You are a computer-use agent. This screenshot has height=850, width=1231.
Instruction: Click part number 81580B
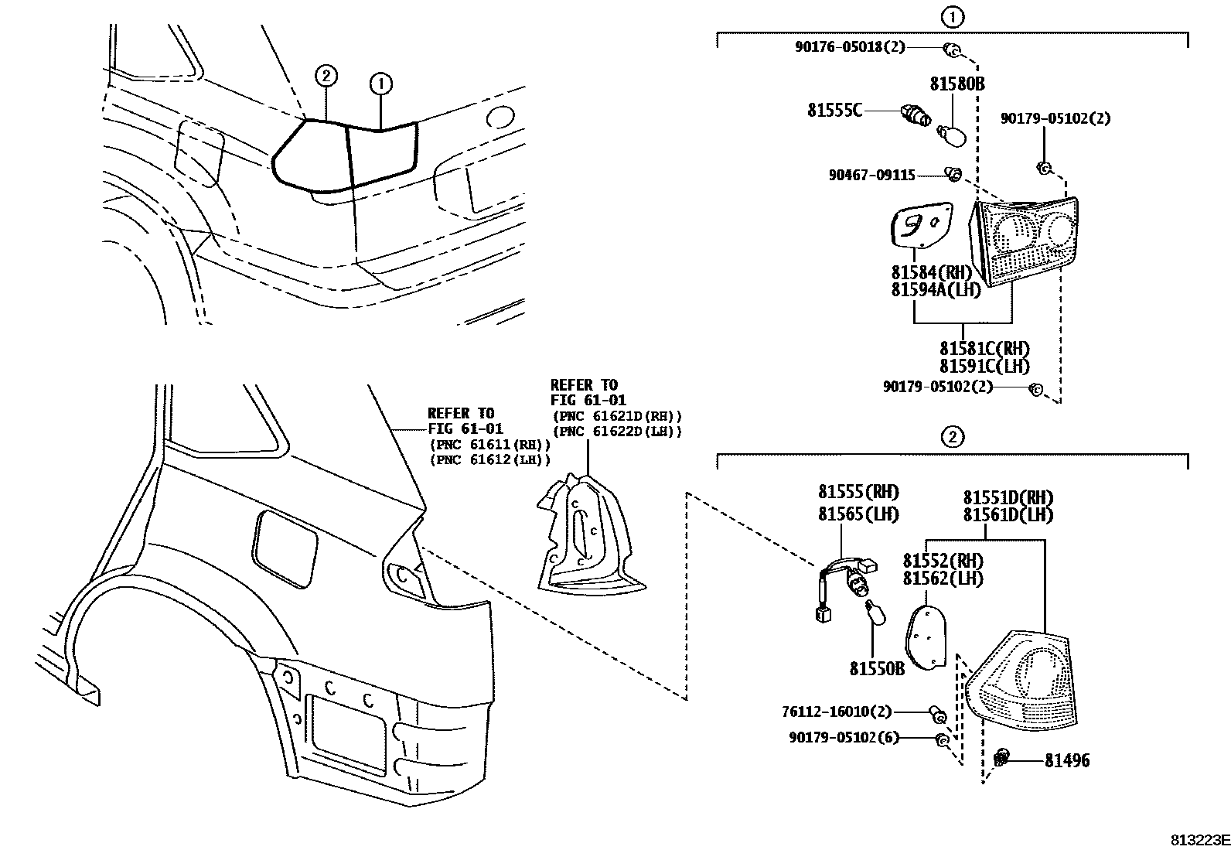click(x=956, y=84)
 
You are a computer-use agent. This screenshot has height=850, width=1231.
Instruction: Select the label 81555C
click(x=834, y=111)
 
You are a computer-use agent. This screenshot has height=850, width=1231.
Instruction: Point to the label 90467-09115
click(x=871, y=176)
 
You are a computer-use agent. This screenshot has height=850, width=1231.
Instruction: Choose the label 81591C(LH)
click(x=984, y=366)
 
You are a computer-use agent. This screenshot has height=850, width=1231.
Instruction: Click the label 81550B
click(x=877, y=668)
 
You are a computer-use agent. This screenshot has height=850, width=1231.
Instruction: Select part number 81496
click(x=1067, y=761)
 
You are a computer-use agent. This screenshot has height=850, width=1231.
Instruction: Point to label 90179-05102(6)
click(x=844, y=738)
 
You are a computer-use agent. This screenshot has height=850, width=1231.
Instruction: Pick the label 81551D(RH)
click(x=1008, y=498)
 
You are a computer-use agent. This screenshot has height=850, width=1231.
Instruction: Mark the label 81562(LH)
click(x=943, y=578)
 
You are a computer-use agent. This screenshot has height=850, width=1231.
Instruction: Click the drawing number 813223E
click(x=1199, y=840)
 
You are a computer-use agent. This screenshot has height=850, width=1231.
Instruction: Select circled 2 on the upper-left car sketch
click(x=326, y=75)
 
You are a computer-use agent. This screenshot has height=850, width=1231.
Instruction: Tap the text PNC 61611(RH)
click(x=489, y=445)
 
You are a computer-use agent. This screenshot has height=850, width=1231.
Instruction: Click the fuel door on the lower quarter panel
click(x=285, y=547)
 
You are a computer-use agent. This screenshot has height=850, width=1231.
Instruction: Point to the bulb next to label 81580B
click(x=952, y=136)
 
